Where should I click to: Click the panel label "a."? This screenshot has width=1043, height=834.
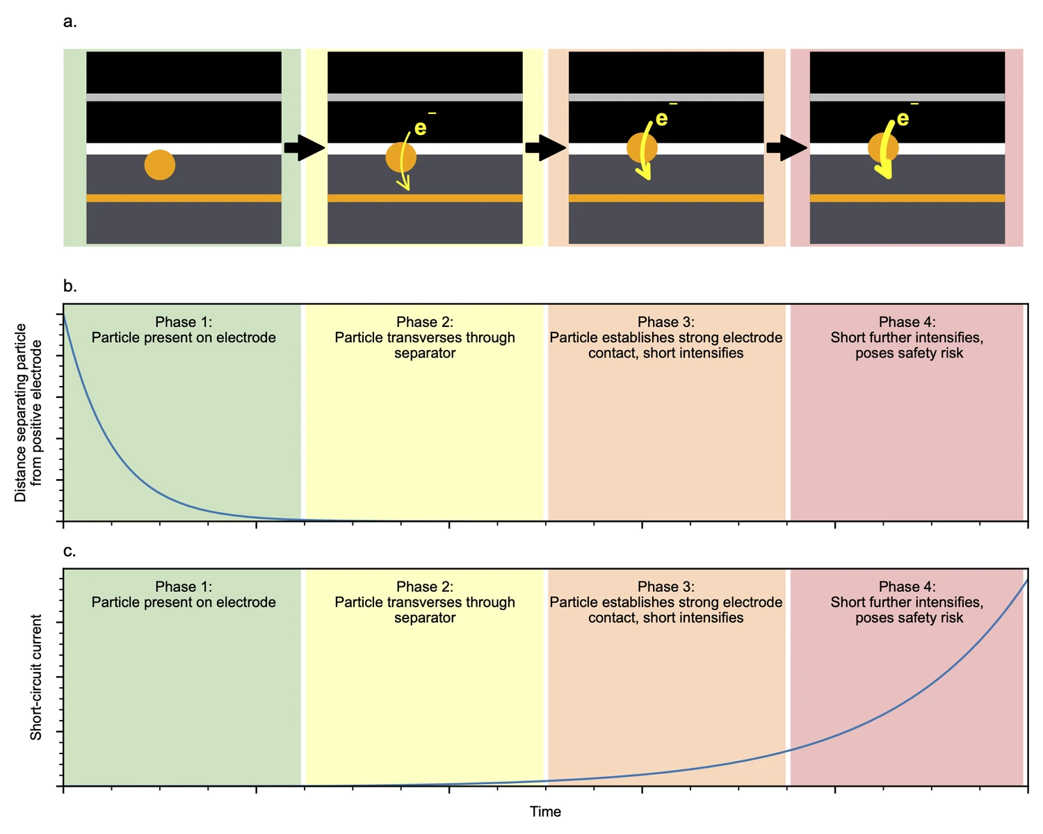pyautogui.click(x=70, y=22)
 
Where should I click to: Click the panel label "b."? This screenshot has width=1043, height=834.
pyautogui.click(x=70, y=286)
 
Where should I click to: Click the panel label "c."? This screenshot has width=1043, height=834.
pyautogui.click(x=70, y=551)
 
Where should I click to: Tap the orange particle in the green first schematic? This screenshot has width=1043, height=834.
pyautogui.click(x=159, y=165)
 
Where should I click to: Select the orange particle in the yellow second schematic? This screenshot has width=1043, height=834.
pyautogui.click(x=401, y=157)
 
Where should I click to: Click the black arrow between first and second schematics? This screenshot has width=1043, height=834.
pyautogui.click(x=305, y=148)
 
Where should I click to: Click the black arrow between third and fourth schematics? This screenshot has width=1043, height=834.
pyautogui.click(x=786, y=148)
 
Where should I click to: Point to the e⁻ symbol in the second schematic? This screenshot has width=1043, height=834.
pyautogui.click(x=425, y=125)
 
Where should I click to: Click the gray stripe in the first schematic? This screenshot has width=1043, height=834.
pyautogui.click(x=184, y=97)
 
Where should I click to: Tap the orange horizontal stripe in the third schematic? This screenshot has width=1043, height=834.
pyautogui.click(x=666, y=198)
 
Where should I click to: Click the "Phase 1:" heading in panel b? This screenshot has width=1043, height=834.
pyautogui.click(x=184, y=322)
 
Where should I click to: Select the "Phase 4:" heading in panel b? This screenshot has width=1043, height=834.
pyautogui.click(x=907, y=322)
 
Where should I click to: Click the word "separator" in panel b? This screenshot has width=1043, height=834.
pyautogui.click(x=425, y=353)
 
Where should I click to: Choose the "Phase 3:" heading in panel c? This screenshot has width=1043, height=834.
pyautogui.click(x=666, y=586)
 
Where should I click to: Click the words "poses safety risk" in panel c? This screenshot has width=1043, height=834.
pyautogui.click(x=909, y=618)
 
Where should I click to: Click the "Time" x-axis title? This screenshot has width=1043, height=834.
pyautogui.click(x=545, y=811)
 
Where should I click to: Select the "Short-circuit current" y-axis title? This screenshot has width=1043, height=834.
pyautogui.click(x=36, y=677)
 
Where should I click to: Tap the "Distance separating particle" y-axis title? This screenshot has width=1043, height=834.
pyautogui.click(x=20, y=412)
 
